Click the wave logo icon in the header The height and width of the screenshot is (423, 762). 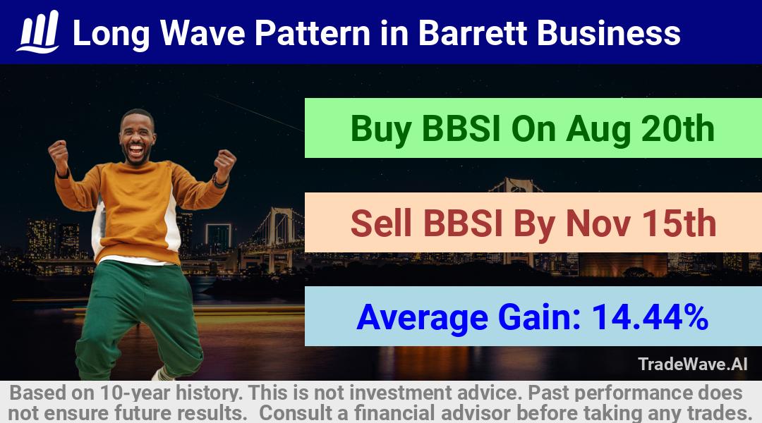click(x=38, y=32)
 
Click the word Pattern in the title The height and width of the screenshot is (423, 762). click(x=313, y=33)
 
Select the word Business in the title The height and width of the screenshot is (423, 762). click(x=608, y=33)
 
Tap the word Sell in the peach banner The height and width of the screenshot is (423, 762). click(x=381, y=223)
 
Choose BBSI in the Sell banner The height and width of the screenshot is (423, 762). click(x=463, y=223)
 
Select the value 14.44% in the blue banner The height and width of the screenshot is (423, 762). click(x=650, y=317)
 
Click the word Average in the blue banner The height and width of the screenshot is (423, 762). click(x=422, y=318)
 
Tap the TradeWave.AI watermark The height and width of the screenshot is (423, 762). click(x=693, y=364)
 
